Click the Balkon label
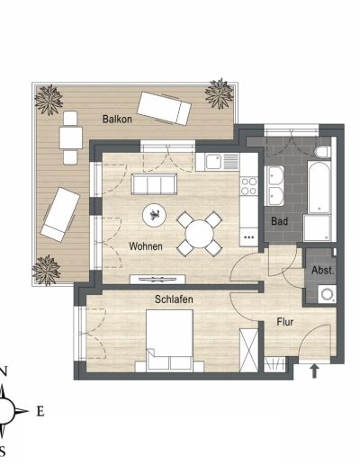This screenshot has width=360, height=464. pos(117,119)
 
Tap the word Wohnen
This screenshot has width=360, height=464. pos(146,246)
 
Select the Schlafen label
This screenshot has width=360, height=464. pos(174,299)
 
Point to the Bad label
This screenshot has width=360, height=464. pos(279,221)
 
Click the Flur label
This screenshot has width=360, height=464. pos(285,322)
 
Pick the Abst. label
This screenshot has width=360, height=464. pos(322,271)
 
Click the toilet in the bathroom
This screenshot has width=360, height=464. pos(323,152)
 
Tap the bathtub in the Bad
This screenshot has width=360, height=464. pos(319,187)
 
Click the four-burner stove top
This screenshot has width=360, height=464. pos(249,186)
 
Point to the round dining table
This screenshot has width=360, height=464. pos(199,234)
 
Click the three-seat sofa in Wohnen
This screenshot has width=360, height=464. pos(154,184)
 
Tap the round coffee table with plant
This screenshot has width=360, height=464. pos(154,215)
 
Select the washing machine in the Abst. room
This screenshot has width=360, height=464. pos(327,294)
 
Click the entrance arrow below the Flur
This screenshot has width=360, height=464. pos(314,370)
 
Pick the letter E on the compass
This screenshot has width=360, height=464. pos(40,411)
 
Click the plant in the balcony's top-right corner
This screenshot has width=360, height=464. pos(220,94)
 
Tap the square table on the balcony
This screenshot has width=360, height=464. pos(71,138)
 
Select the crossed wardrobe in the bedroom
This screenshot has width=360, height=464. pos(248,351)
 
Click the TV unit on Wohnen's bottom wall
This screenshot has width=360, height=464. pos(157,280)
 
